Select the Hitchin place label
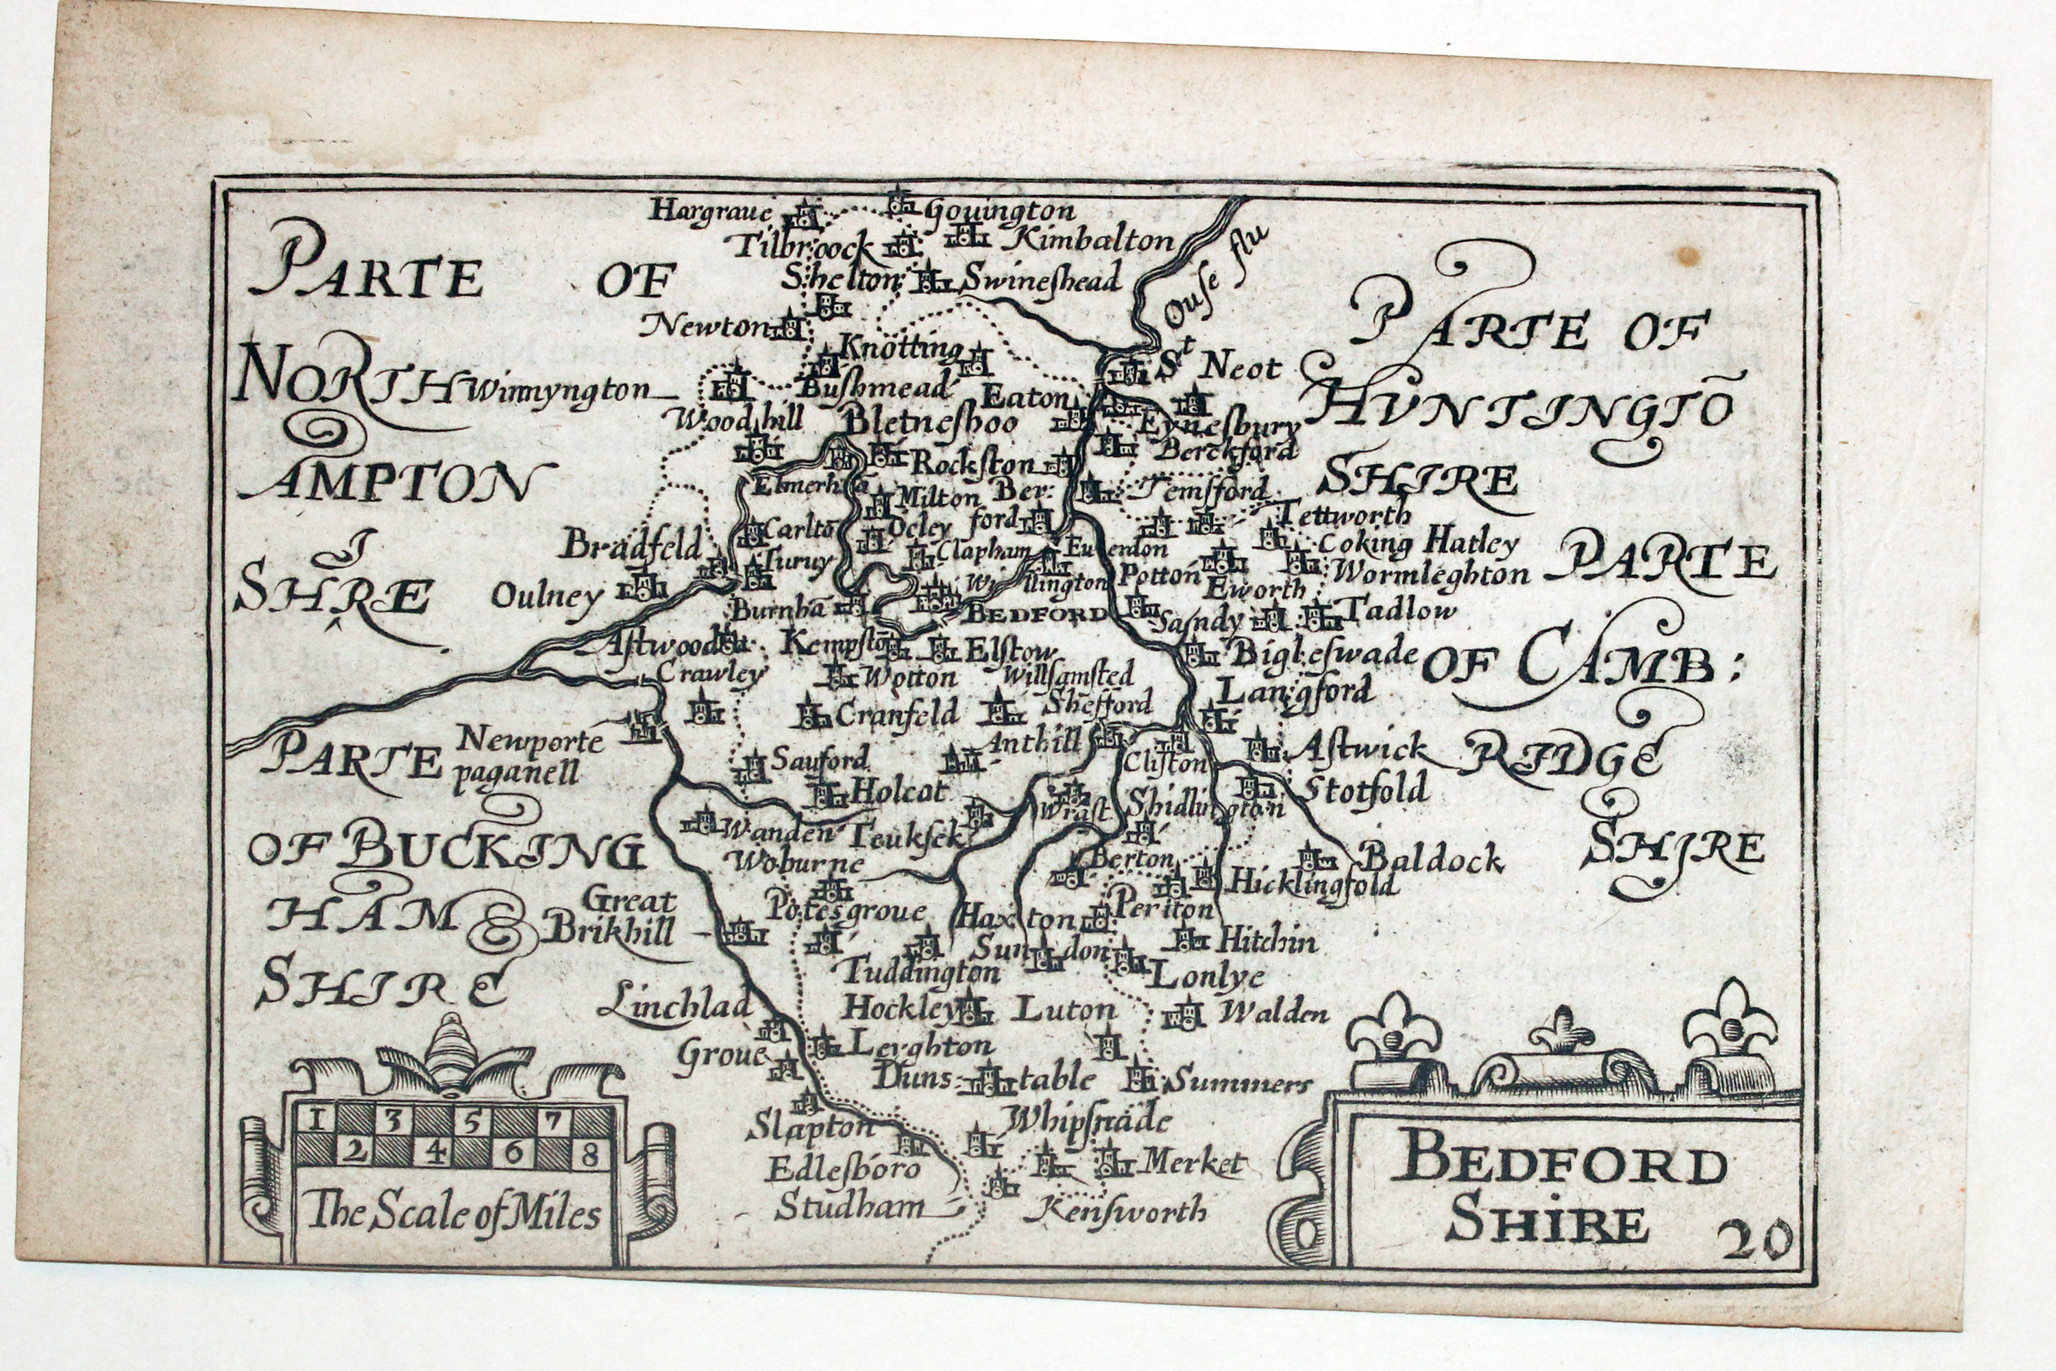1267,941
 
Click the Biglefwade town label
1324,652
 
